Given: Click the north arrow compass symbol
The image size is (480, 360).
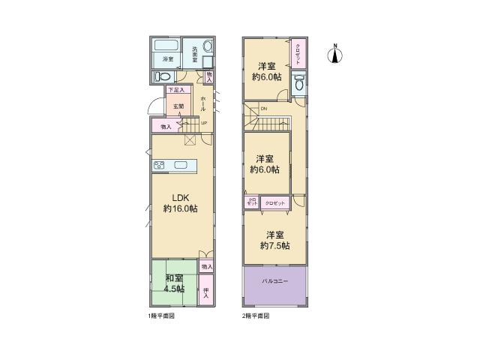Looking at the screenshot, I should pos(335,54).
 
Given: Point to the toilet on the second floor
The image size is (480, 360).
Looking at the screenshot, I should pos(299,85).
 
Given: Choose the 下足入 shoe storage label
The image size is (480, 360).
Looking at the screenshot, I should pos(176,91).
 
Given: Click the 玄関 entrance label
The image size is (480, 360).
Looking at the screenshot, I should pos(178,106).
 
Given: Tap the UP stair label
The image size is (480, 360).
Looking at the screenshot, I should pos(203,124).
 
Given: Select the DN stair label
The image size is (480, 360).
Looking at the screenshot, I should pos(263,110).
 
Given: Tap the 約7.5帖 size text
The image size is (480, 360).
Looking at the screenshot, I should pos(274,246).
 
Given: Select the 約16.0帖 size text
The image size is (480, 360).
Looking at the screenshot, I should pos(181,209).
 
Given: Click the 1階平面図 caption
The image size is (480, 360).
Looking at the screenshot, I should pos(162,316).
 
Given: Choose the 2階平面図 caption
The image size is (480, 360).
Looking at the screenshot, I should pos(256,316).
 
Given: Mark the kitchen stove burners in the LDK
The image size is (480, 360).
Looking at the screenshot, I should pos(160,166).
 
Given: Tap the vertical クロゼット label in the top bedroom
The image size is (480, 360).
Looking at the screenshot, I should pos(297,53).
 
